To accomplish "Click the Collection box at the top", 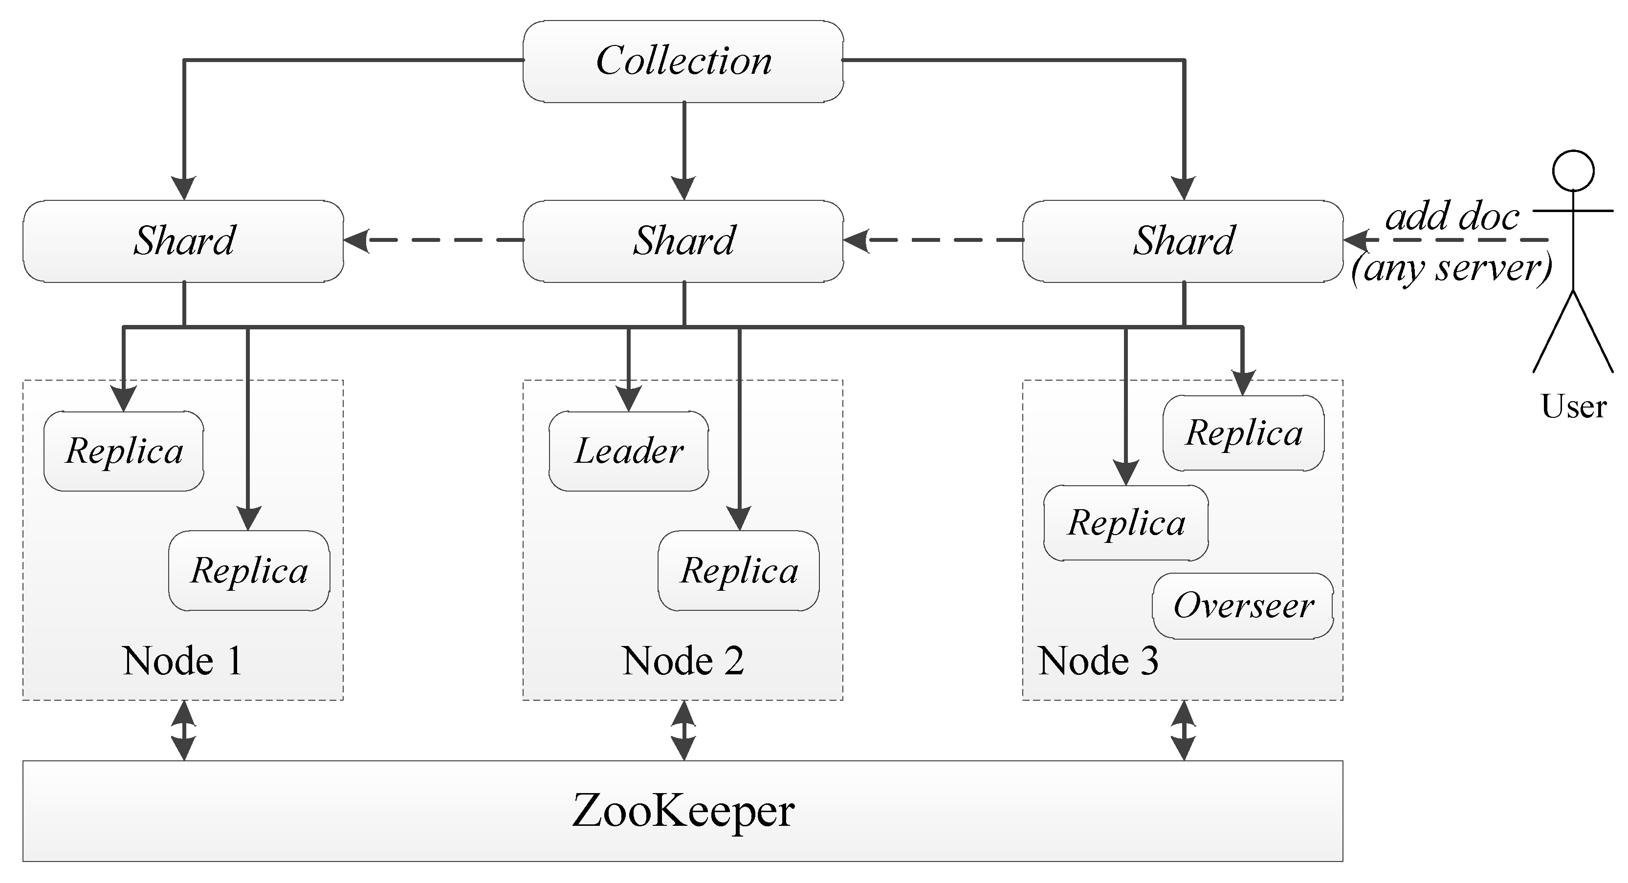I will pos(683,61).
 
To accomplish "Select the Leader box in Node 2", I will pos(629,451).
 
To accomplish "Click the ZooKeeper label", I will pos(682,811).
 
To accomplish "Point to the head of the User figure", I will pos(1574,171).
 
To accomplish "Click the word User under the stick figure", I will pos(1574,406).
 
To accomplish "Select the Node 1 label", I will pos(183,661).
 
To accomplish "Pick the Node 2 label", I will pos(682,661).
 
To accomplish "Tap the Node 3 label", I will pos(1099,661).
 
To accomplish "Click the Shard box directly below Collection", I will pos(683,240).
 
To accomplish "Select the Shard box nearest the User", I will pos(1183,240).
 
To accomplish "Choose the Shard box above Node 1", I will pos(183,240).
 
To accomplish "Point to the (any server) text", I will pos(1451,268).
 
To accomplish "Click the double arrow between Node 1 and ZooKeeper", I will pos(184,730).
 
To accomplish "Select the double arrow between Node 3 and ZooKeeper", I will pos(1183,730).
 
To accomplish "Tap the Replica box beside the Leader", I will pos(738,570).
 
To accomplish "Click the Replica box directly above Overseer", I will pos(1125,523).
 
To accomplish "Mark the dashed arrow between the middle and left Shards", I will pos(434,240).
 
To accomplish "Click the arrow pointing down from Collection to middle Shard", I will pos(684,151).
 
